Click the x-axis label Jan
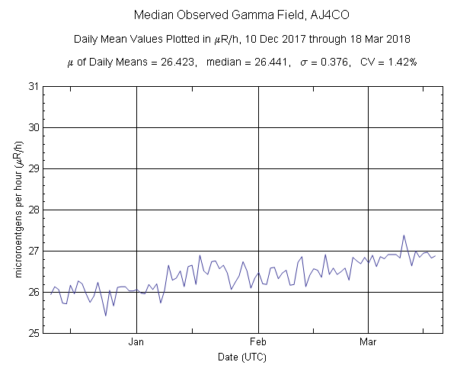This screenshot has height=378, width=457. point(137,342)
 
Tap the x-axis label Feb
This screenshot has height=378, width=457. point(259,342)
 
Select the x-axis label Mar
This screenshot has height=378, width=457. point(369,342)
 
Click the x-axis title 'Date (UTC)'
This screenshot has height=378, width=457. point(242,357)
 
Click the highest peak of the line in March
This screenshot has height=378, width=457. point(404,235)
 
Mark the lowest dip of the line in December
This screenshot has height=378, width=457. point(106,316)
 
